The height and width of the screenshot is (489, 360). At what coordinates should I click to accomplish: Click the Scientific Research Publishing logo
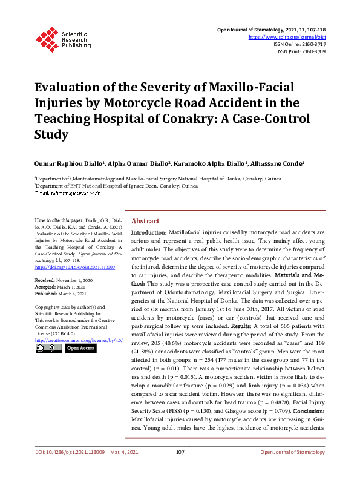63,38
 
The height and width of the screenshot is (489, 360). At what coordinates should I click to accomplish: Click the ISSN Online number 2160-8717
313,44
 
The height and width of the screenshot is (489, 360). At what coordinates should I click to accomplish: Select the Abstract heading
145,222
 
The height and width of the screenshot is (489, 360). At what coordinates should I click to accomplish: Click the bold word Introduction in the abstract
149,232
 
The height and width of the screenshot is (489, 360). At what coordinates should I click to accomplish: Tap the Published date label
46,294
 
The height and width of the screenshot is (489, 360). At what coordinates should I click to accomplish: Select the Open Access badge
80,349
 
